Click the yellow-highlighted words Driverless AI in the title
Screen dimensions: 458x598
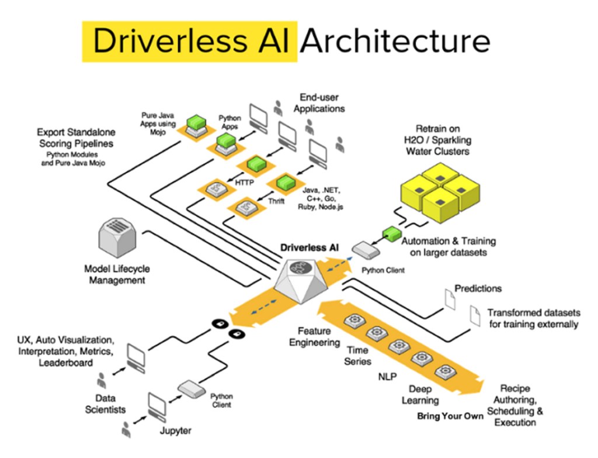tap(190, 41)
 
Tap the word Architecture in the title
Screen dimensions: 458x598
tap(395, 41)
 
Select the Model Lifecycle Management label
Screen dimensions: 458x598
tap(117, 274)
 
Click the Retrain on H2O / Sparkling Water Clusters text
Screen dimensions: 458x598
tap(442, 140)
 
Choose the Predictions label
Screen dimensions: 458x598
tap(478, 288)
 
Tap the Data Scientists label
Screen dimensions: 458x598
tap(105, 404)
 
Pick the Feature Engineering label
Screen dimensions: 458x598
tap(315, 336)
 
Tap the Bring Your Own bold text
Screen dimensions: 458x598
tap(450, 416)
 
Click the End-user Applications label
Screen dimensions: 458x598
tap(319, 103)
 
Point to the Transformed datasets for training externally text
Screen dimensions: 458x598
tap(533, 318)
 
